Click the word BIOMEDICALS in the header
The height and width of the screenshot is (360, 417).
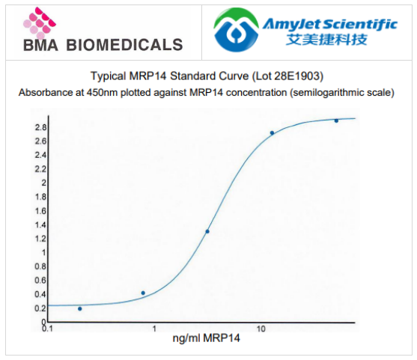point(124,45)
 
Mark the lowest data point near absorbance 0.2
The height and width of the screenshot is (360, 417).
point(80,308)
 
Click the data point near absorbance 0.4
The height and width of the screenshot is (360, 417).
point(143,293)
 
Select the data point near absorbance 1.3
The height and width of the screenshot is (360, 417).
point(207,231)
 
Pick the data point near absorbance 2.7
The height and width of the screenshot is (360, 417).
point(272,133)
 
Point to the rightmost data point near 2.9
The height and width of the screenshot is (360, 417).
point(336,120)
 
